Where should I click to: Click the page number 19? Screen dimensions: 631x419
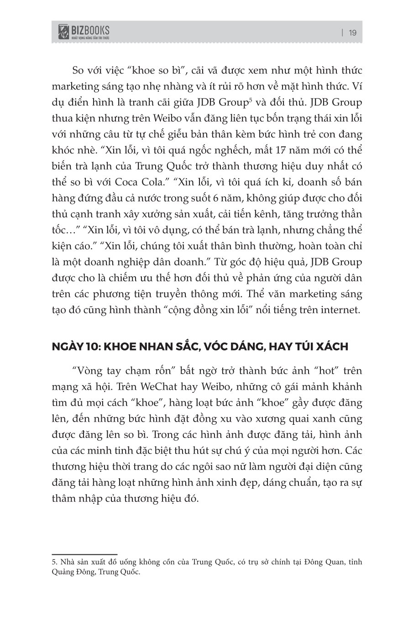pos(352,33)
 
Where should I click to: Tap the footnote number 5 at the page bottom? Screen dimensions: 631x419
pos(53,563)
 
